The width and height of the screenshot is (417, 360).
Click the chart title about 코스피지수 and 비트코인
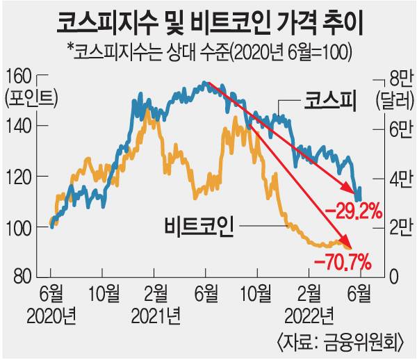(x=208, y=23)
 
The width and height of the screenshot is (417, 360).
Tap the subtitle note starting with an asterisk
(x=209, y=53)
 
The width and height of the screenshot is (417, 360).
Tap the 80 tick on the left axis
(x=22, y=276)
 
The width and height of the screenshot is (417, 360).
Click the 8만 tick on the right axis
(x=393, y=77)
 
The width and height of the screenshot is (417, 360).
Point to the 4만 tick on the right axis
(x=393, y=178)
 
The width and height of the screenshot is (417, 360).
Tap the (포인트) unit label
(x=31, y=99)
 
